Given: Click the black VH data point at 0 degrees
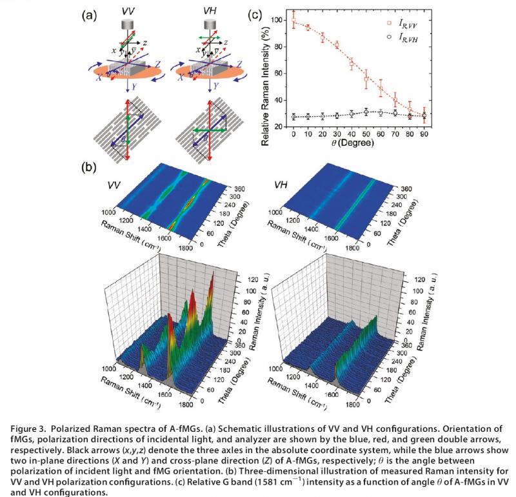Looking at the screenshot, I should [293, 117].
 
